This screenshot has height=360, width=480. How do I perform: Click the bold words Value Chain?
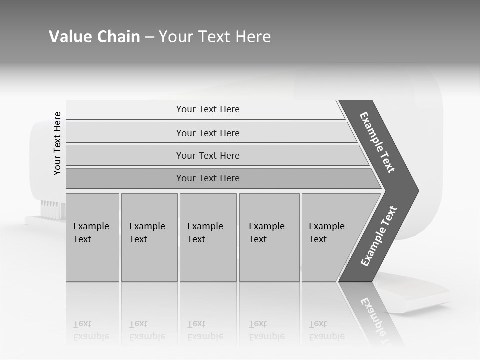click(x=94, y=37)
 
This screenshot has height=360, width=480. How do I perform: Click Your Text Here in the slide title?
click(x=215, y=37)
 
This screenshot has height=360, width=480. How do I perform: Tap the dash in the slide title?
click(x=149, y=37)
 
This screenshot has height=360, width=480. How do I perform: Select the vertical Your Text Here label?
click(x=57, y=143)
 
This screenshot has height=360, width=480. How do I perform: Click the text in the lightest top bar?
click(x=208, y=109)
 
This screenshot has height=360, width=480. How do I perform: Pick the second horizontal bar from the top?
click(x=208, y=133)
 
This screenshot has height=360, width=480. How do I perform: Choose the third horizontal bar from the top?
click(x=208, y=155)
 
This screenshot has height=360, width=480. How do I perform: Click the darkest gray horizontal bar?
click(x=208, y=178)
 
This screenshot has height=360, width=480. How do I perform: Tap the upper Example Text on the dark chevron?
click(x=378, y=142)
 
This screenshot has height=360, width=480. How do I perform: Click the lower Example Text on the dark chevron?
click(x=378, y=236)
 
